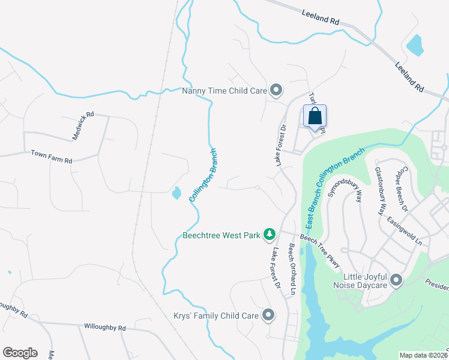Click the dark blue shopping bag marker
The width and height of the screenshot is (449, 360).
click(x=315, y=116)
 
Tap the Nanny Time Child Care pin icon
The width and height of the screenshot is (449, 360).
click(x=276, y=91)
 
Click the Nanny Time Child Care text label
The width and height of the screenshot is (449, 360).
click(x=224, y=91)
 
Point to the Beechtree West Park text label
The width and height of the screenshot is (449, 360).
click(x=221, y=235)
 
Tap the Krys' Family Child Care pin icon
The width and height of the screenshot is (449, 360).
click(x=268, y=314)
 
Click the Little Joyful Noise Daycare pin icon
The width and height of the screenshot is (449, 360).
click(x=396, y=280)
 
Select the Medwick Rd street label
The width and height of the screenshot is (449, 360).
click(x=83, y=126)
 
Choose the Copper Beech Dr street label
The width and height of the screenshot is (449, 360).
click(x=400, y=190)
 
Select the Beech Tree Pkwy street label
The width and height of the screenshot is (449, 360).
click(x=321, y=251)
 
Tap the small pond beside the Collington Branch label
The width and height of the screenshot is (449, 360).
click(x=176, y=193)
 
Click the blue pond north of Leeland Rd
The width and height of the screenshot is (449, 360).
click(x=414, y=44)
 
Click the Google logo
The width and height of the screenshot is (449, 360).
click(x=20, y=353)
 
